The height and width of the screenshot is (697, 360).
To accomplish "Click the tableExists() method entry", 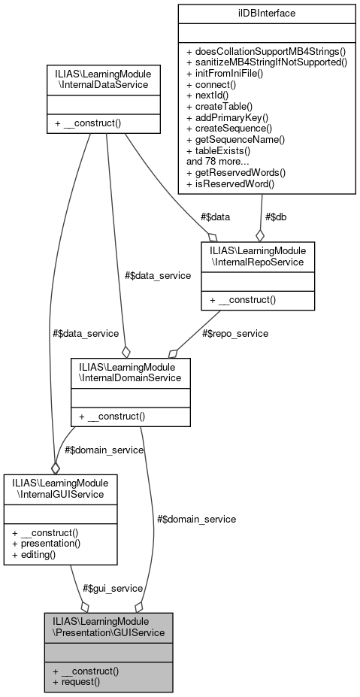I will [218, 150].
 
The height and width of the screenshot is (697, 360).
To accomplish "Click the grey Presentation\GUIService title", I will [108, 626].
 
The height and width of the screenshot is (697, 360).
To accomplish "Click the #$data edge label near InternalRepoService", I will [216, 217].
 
